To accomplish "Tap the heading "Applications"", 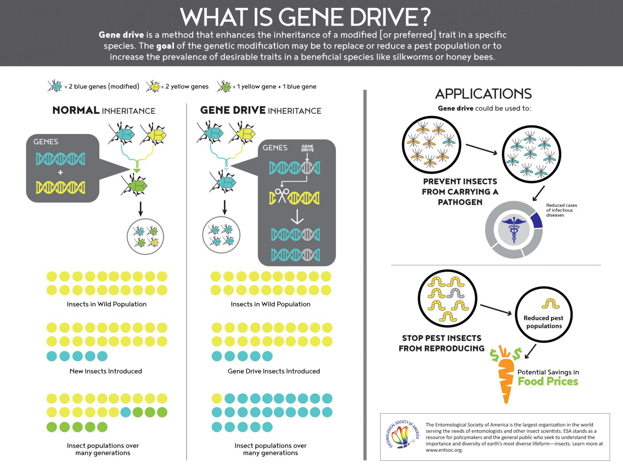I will point(483,94).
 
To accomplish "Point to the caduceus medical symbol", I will point(514,230).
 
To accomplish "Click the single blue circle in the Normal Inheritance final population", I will point(125,412).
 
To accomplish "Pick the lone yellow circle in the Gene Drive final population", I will point(217,399).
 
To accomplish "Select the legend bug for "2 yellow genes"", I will point(153,86).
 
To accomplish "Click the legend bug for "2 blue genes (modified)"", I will point(55,86).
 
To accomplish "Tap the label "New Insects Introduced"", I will point(106,371).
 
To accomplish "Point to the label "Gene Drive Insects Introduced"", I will point(274,371).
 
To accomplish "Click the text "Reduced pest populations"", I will point(544,322).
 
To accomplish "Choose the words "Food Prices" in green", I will point(548,381).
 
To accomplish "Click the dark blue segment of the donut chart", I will point(537,220).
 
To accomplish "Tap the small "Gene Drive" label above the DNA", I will point(307,148).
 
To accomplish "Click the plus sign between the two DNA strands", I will point(60,173).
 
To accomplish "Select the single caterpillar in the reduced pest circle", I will point(550,303).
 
